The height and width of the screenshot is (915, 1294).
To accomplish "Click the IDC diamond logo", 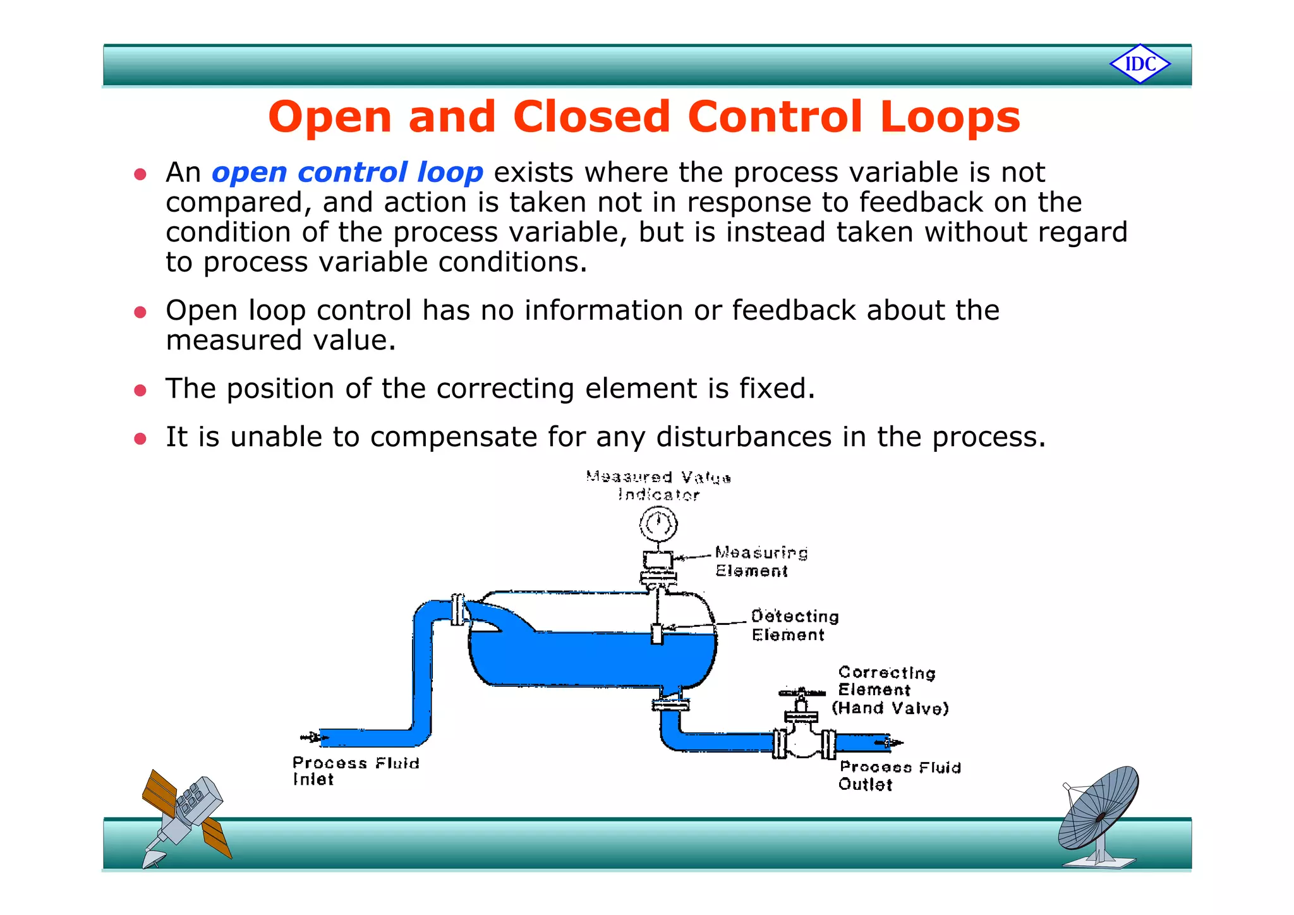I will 1140,64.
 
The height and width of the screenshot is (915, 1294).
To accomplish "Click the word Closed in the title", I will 591,117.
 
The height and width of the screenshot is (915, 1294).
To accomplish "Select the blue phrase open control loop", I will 347,173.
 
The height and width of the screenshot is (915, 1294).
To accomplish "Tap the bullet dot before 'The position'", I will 140,391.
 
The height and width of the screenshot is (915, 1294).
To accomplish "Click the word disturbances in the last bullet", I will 744,437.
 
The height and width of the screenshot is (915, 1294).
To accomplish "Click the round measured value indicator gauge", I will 658,524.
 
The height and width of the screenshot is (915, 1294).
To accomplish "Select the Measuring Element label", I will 761,562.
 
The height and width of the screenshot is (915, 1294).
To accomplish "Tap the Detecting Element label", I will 794,625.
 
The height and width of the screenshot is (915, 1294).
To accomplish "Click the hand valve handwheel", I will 801,693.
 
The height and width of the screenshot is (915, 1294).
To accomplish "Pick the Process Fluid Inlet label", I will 354,770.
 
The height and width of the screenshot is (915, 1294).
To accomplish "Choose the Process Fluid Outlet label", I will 898,775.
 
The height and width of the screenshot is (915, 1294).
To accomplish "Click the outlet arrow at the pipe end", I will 892,743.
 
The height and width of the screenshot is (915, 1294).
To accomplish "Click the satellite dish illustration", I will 1099,815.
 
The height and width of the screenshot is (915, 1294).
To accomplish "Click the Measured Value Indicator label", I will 658,486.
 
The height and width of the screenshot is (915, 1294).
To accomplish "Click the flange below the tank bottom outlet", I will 670,703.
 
